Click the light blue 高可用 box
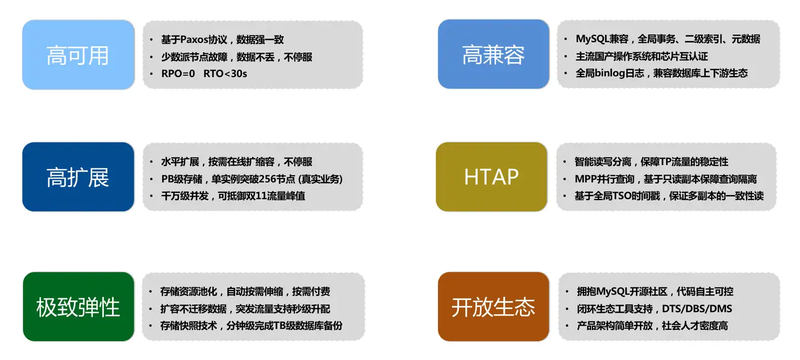[78, 54]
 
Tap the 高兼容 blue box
[493, 54]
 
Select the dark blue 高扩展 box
[78, 177]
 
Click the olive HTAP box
[492, 177]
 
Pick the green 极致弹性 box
[78, 307]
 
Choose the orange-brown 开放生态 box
[493, 307]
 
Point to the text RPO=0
[178, 73]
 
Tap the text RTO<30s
[226, 73]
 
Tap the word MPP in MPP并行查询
[584, 178]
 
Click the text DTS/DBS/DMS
[697, 308]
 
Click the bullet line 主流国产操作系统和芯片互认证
[642, 56]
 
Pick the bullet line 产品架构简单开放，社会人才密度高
[652, 326]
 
